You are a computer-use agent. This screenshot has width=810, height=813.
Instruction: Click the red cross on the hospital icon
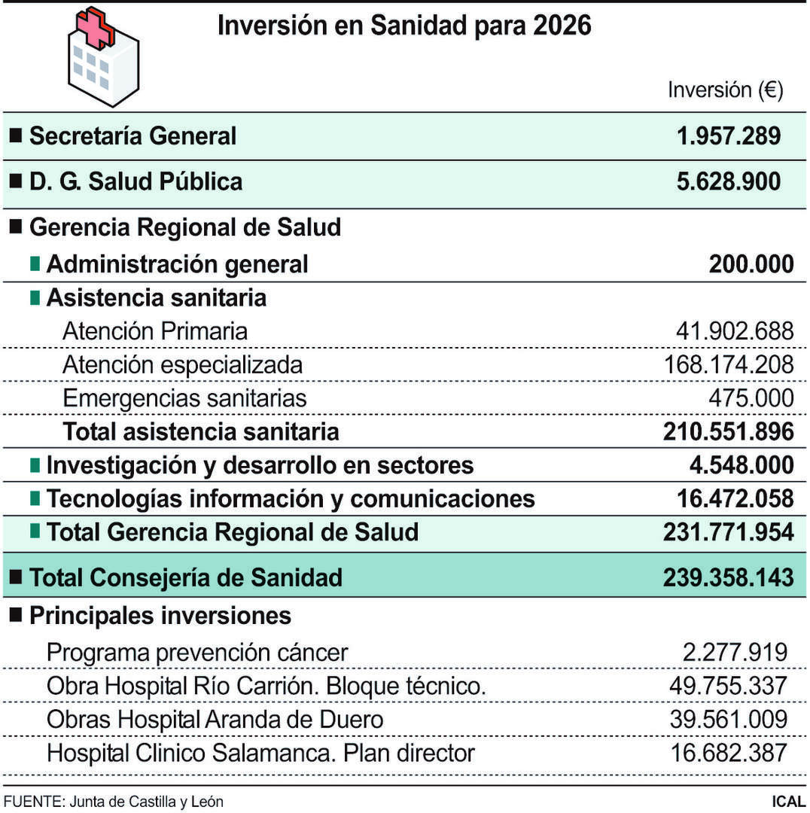click(x=96, y=27)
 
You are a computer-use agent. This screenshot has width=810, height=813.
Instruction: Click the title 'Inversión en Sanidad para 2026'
click(x=404, y=26)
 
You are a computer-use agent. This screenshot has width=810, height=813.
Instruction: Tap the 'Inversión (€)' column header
click(x=726, y=90)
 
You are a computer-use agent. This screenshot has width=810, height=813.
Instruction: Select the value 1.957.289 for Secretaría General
click(x=729, y=136)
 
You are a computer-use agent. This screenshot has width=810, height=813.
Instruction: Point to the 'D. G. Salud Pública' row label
click(x=136, y=182)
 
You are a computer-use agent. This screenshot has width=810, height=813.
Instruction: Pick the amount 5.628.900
click(x=729, y=182)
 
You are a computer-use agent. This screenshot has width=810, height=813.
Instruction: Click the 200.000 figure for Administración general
click(x=751, y=264)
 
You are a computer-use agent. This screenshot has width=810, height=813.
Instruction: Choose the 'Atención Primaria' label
click(x=154, y=331)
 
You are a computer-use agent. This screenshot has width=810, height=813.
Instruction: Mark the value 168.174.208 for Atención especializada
click(x=728, y=364)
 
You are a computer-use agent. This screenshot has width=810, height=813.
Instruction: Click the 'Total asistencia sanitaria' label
click(x=200, y=431)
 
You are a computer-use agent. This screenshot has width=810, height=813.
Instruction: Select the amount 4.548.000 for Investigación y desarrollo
click(x=741, y=465)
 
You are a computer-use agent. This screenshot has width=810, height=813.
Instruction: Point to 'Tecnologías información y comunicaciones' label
click(x=290, y=498)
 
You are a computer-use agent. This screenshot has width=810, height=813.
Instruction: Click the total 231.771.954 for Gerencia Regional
click(x=728, y=532)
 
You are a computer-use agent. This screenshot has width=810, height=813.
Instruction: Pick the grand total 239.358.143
click(x=728, y=577)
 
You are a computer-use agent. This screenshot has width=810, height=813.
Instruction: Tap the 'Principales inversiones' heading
click(x=160, y=616)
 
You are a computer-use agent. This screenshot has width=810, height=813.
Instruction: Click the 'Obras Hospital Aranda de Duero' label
click(x=215, y=720)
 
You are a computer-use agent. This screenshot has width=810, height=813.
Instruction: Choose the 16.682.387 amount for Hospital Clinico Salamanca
click(x=728, y=753)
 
